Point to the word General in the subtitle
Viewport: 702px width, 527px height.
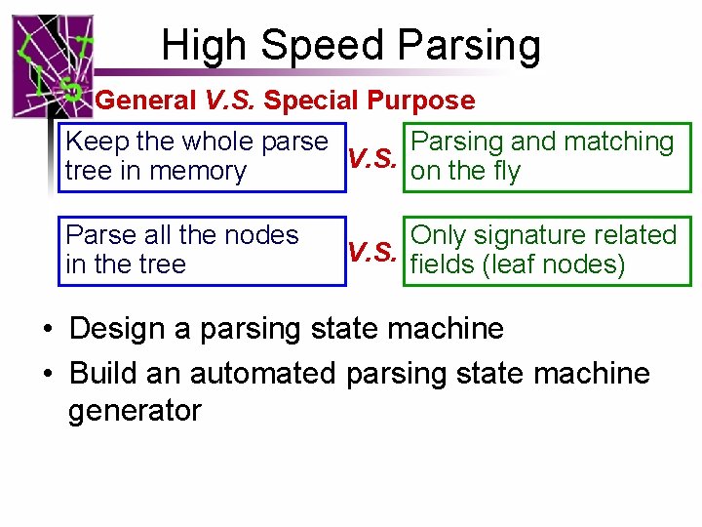click(x=145, y=101)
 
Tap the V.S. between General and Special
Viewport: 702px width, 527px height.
click(x=228, y=101)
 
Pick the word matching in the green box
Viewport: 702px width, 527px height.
click(x=618, y=142)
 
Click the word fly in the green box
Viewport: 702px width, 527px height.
click(x=503, y=172)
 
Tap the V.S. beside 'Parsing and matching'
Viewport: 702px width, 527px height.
click(x=371, y=157)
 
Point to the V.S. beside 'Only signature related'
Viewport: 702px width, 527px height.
click(x=371, y=252)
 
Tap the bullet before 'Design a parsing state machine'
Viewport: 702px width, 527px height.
click(x=48, y=329)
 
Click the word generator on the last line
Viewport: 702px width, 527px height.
click(x=135, y=411)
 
